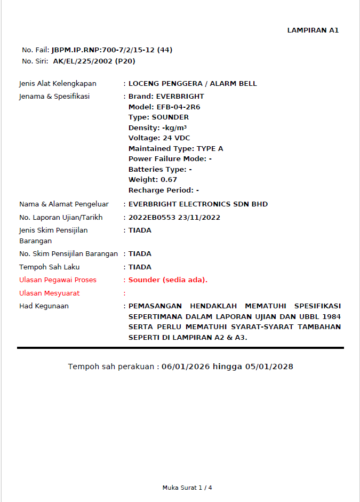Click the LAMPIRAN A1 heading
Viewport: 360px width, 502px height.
tap(313, 30)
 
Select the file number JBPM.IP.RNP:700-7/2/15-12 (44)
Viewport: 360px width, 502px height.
tap(111, 50)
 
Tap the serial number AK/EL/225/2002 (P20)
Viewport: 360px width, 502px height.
tap(94, 61)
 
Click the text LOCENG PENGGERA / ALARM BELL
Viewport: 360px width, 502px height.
tap(193, 84)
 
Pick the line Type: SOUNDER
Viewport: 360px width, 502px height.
tap(158, 117)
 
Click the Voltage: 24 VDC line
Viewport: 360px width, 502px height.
tap(159, 138)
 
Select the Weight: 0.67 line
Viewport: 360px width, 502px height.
tap(153, 180)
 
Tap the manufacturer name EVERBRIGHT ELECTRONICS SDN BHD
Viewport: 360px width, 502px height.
tap(198, 204)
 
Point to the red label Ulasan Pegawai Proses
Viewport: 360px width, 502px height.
tap(58, 280)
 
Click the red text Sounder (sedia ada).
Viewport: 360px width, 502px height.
tap(168, 280)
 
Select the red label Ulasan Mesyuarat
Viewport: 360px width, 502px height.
tap(50, 293)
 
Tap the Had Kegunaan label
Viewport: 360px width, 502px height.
tap(44, 306)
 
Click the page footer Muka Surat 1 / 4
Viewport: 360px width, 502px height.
tap(187, 488)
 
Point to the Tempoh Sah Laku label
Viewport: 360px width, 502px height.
tap(49, 267)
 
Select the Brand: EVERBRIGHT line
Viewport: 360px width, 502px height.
tap(166, 97)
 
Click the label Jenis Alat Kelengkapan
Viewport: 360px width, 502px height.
tap(58, 84)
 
